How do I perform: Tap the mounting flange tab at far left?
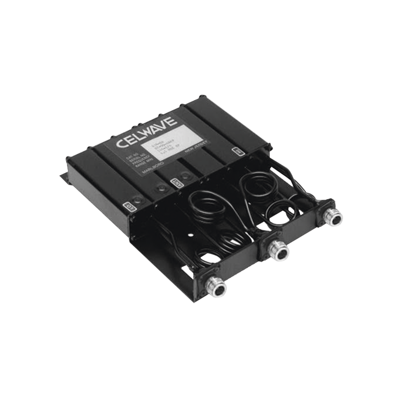(x=63, y=176)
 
